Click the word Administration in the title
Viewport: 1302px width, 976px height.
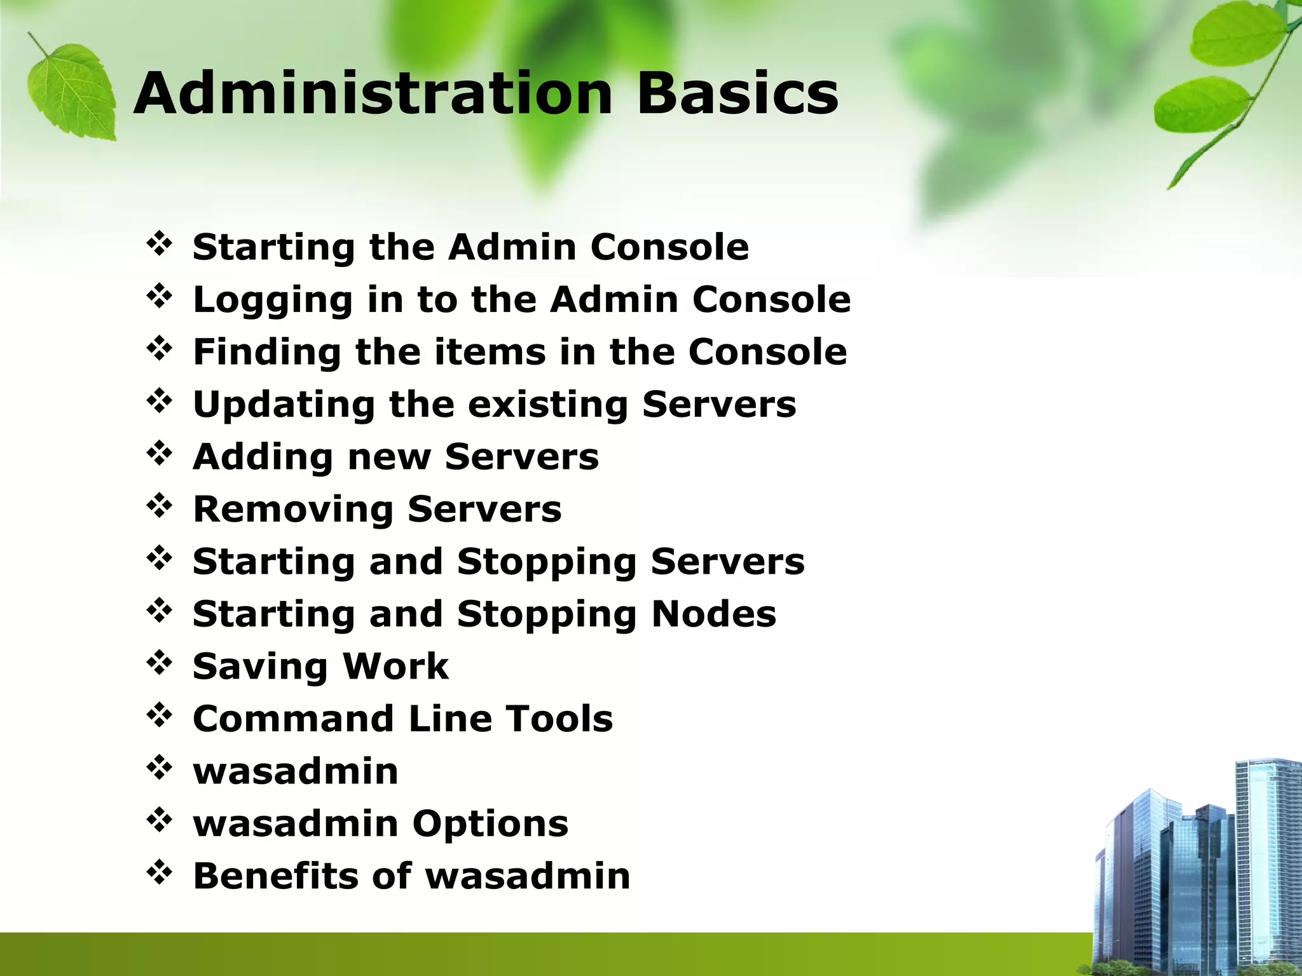(373, 94)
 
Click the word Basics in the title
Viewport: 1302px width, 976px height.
(737, 94)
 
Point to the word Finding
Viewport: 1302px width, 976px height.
(266, 353)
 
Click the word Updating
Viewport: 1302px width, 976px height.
(284, 405)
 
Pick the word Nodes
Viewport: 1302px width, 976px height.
(714, 614)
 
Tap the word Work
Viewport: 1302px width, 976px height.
(395, 666)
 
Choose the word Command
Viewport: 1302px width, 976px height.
(293, 719)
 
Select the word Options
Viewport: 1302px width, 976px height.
(490, 824)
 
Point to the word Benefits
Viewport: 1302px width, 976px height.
(275, 876)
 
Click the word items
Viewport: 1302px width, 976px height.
(490, 352)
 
